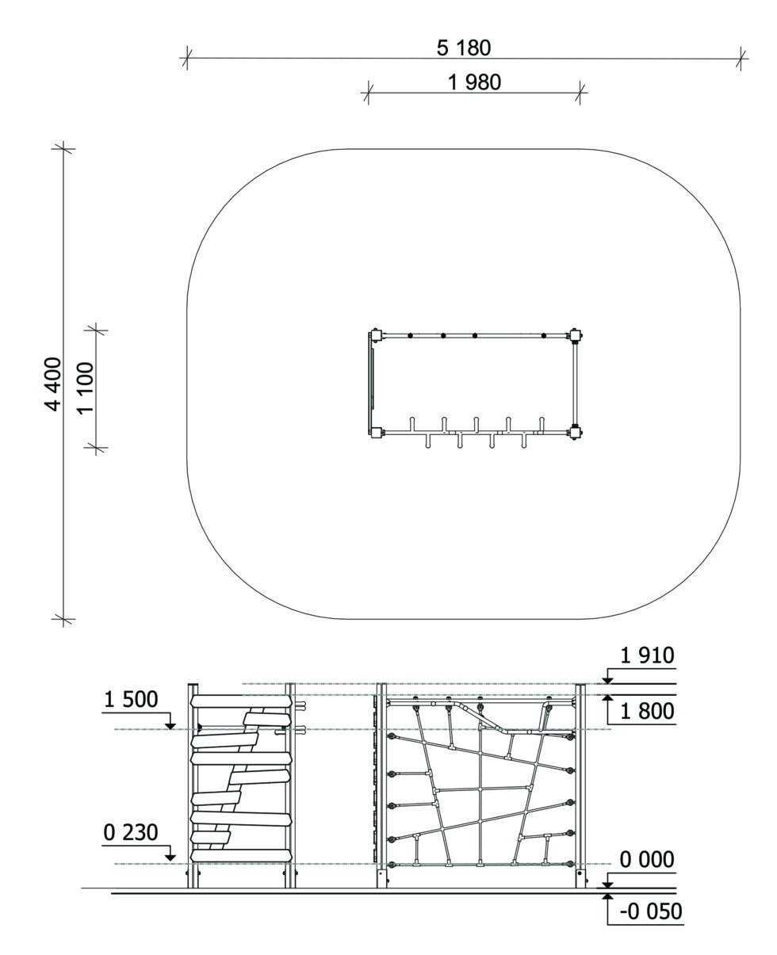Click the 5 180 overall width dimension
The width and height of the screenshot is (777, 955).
[x=463, y=48]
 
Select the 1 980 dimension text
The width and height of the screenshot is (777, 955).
[x=474, y=82]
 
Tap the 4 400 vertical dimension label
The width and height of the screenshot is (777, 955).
[x=53, y=384]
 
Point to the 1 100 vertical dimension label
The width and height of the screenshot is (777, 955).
[x=86, y=388]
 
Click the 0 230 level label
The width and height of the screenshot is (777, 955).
[x=131, y=833]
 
